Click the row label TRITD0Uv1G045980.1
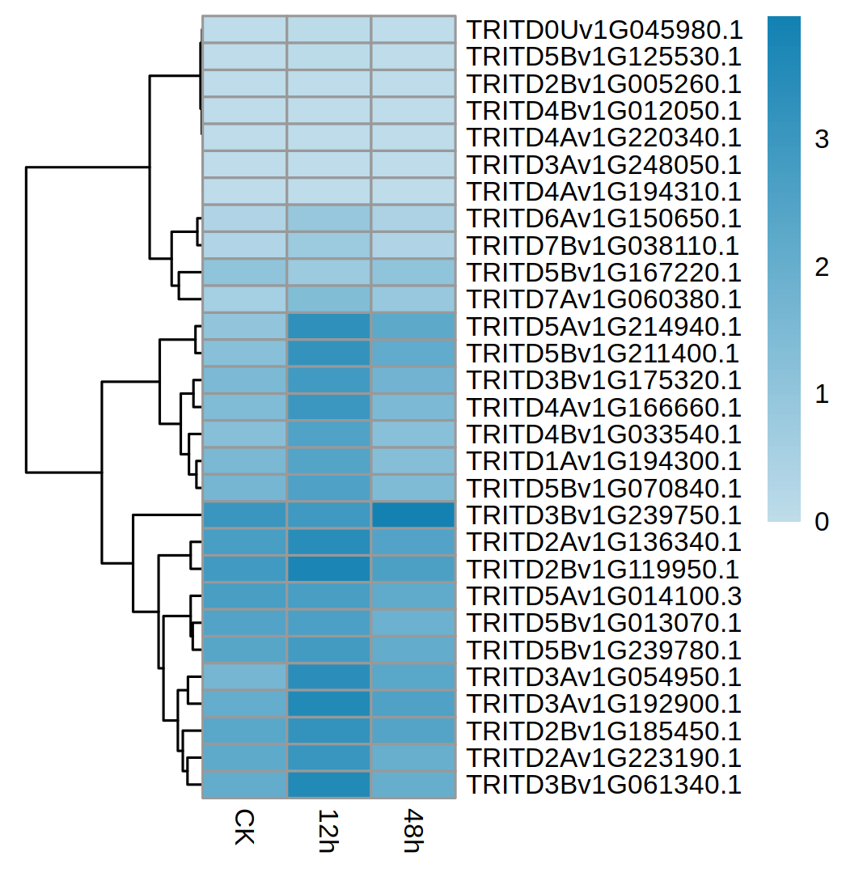tap(604, 31)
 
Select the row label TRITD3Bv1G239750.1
tap(604, 515)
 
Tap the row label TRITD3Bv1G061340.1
tap(604, 785)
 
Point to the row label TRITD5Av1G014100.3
tap(604, 596)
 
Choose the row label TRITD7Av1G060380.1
tap(604, 300)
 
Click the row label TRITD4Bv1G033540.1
tap(604, 434)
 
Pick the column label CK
tap(243, 825)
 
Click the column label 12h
tap(328, 830)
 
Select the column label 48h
tap(412, 830)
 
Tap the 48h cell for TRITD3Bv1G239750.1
tap(412, 515)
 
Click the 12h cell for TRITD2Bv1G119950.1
tap(328, 569)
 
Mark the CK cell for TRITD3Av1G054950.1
tap(243, 676)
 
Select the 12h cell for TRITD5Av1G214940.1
tap(328, 327)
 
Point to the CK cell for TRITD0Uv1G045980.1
tap(243, 31)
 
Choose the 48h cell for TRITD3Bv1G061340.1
tap(412, 785)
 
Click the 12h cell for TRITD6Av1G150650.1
tap(328, 219)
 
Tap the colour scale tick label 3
tap(822, 141)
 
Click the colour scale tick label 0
tap(822, 523)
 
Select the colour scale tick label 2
tap(822, 268)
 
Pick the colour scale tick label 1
tap(822, 396)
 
